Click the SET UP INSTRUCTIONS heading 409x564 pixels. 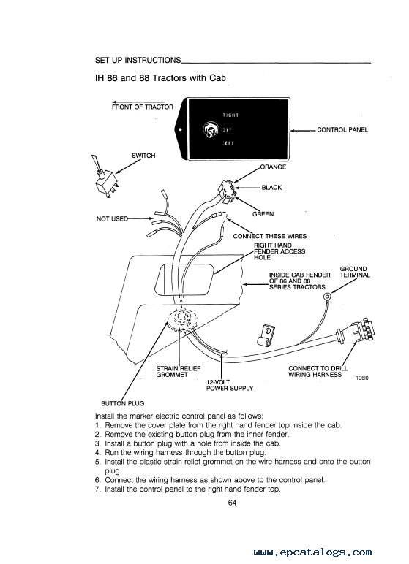138,60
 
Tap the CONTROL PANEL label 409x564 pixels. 342,130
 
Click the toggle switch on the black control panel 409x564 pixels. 209,130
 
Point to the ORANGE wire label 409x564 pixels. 273,167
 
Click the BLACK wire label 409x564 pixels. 271,188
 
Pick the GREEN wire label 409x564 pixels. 263,214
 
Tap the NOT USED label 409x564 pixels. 112,218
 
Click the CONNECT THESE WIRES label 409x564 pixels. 270,236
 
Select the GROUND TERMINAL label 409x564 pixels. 355,272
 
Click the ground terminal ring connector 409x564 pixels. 328,297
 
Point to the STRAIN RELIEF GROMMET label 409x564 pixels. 178,372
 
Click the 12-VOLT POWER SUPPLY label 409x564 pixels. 230,385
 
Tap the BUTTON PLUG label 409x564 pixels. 122,403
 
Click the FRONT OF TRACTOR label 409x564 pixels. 143,107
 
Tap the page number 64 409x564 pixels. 232,503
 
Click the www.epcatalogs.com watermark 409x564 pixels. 312,552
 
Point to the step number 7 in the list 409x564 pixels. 97,489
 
